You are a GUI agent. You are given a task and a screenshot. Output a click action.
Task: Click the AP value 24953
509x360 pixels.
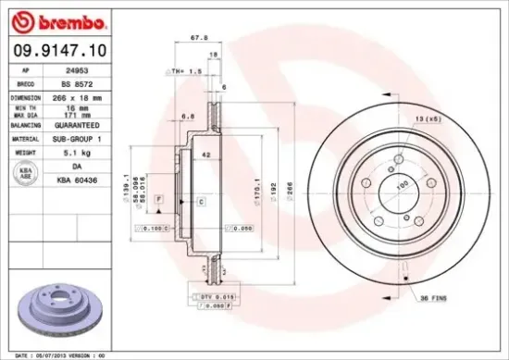click(x=62, y=69)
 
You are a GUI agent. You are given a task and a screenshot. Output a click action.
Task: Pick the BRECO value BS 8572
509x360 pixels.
click(x=62, y=82)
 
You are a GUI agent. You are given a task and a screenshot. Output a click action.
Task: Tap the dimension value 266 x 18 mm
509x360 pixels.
click(x=68, y=96)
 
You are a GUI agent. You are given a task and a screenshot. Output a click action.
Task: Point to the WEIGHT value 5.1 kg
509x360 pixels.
click(x=63, y=152)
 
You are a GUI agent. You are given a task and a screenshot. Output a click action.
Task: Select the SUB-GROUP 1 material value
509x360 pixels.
click(x=68, y=138)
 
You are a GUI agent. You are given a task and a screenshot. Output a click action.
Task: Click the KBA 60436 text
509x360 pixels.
click(x=63, y=180)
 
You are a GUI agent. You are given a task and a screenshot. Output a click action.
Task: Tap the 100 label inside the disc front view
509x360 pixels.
click(x=403, y=185)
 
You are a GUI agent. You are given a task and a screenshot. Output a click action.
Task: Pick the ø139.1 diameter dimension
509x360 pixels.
click(x=124, y=192)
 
